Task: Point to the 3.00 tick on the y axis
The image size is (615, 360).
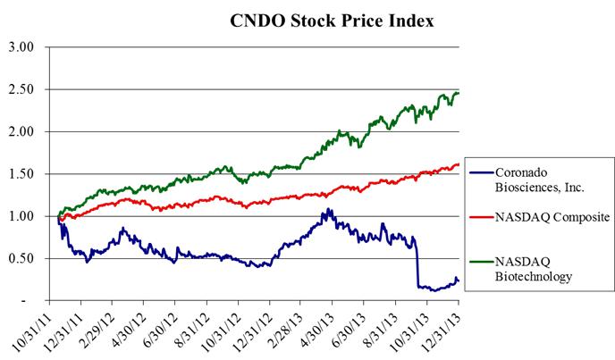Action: [21, 46]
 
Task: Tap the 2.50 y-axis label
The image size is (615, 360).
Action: [21, 89]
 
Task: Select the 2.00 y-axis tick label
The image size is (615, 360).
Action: [21, 131]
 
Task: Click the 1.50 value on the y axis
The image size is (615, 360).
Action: [21, 174]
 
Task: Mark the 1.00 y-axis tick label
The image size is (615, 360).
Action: [21, 216]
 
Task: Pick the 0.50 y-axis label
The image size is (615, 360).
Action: [21, 259]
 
